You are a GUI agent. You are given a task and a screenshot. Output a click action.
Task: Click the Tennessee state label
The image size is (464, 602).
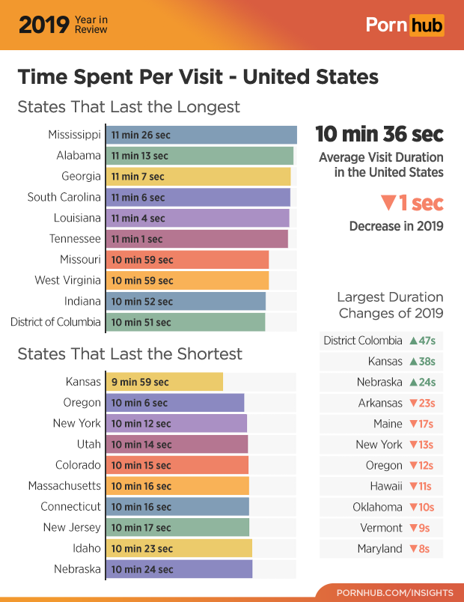tap(75, 239)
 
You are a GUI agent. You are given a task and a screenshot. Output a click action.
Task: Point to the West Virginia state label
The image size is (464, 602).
tap(67, 280)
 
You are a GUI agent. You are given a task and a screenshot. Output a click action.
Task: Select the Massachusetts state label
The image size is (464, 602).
tap(64, 486)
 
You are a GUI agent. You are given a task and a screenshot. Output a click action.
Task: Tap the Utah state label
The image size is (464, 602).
tap(88, 444)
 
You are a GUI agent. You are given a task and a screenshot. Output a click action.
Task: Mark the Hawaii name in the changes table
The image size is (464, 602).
tap(385, 486)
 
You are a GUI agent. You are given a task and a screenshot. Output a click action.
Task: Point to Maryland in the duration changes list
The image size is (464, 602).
tap(379, 549)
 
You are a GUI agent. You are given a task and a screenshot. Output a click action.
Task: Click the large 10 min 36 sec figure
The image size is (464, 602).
tap(379, 135)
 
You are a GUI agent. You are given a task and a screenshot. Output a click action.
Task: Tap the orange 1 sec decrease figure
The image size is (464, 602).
tap(412, 203)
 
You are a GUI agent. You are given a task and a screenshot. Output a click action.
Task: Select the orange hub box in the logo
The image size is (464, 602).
tap(426, 25)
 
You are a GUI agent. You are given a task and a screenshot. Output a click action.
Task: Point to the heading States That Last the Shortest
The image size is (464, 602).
tap(129, 353)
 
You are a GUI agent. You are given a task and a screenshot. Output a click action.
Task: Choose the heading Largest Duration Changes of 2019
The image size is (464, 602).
tap(390, 305)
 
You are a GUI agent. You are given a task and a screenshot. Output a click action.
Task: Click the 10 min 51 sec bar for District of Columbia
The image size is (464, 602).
tap(187, 322)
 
